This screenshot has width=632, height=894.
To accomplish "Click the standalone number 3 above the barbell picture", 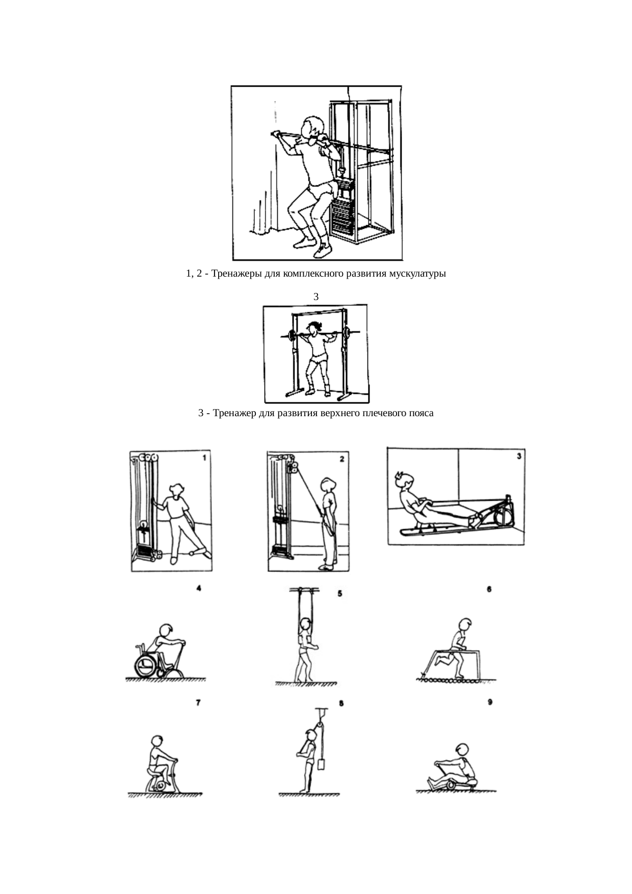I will click(316, 296).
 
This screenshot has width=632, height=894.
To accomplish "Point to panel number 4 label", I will click(199, 588).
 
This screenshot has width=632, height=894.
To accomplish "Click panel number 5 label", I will click(340, 593).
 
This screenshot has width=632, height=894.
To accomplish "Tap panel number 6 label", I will click(489, 589).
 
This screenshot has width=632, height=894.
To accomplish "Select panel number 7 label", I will click(198, 703).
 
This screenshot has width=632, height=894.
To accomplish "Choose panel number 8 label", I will click(341, 703).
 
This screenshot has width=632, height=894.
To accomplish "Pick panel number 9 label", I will click(490, 702).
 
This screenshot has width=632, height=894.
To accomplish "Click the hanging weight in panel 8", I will click(321, 764).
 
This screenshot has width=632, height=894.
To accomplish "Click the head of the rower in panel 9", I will click(462, 749).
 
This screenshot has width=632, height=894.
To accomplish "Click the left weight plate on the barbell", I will click(292, 335).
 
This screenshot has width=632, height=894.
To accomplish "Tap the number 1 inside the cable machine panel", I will click(204, 458).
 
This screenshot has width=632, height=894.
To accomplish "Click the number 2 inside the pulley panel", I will click(342, 459).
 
